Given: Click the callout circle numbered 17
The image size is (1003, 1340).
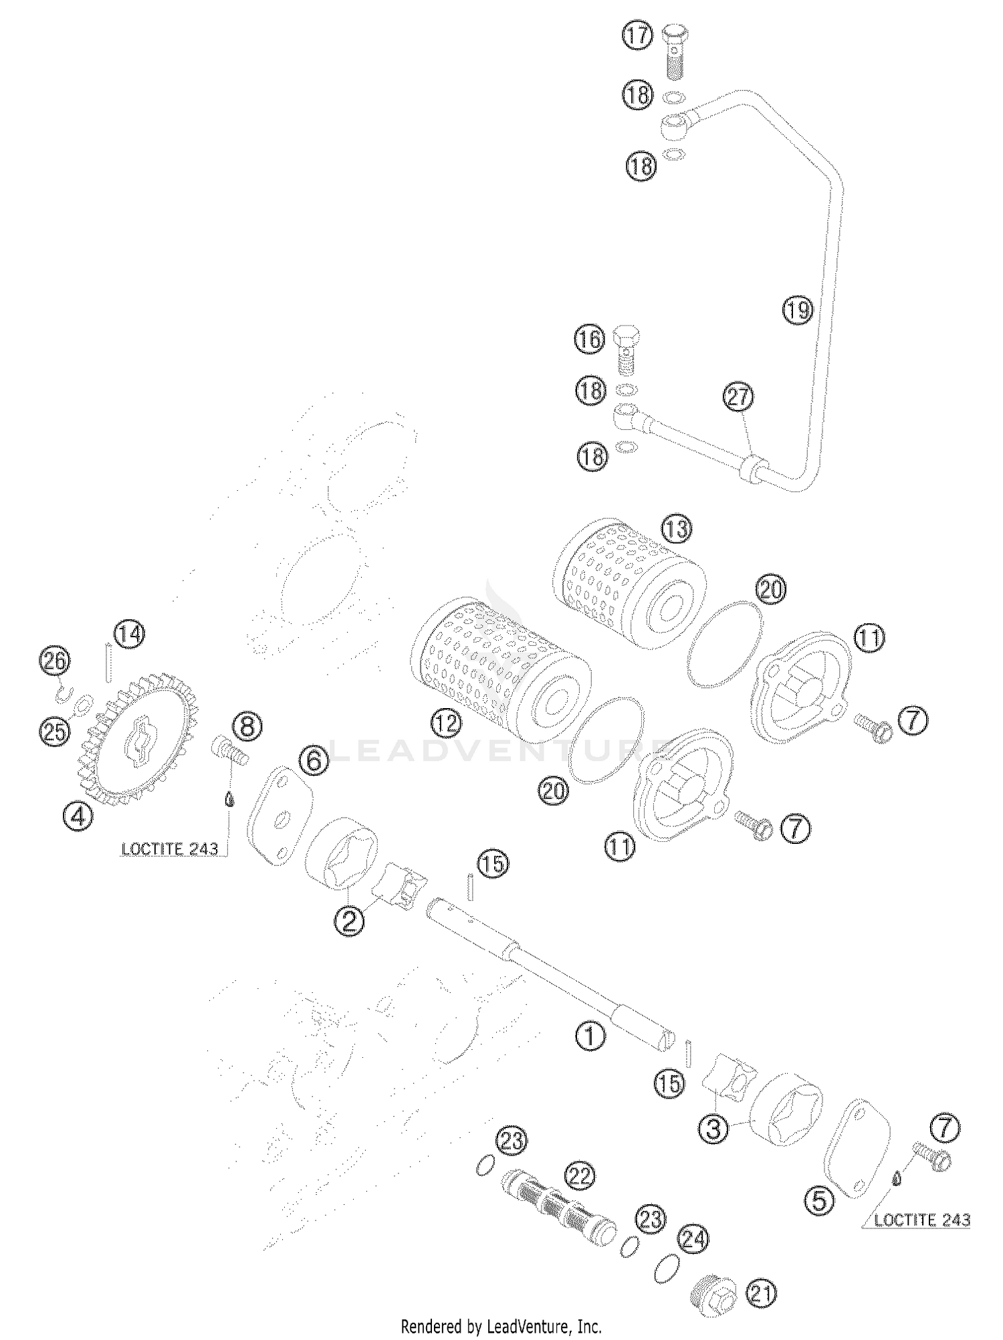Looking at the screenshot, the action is pyautogui.click(x=638, y=36).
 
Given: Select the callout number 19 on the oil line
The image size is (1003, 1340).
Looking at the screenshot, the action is pyautogui.click(x=797, y=310).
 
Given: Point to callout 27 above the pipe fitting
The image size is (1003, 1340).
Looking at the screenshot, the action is pyautogui.click(x=738, y=398).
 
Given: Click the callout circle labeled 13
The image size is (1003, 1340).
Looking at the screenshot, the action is pyautogui.click(x=676, y=530).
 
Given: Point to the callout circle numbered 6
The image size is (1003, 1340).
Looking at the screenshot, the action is pyautogui.click(x=314, y=761).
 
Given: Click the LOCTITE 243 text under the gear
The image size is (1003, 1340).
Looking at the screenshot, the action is pyautogui.click(x=170, y=849).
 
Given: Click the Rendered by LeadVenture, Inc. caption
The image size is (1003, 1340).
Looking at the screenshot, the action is pyautogui.click(x=501, y=1326).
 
